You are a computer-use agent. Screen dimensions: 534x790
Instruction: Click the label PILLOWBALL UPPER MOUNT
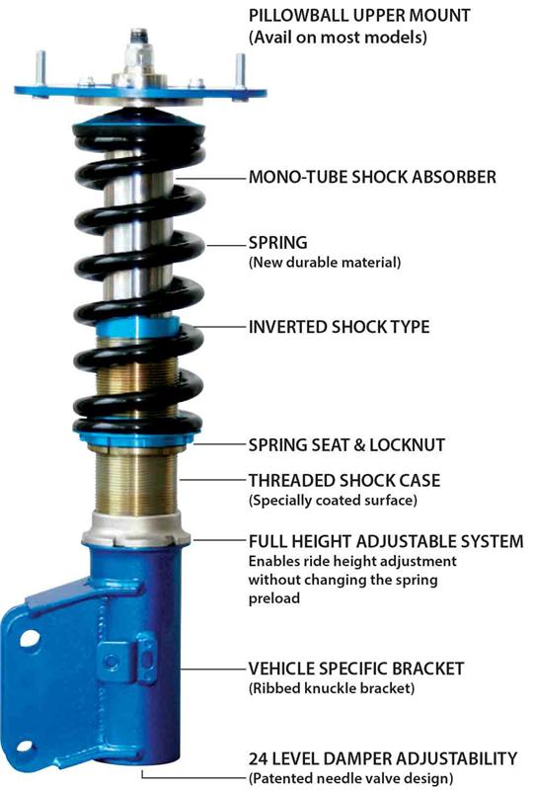[x=359, y=15]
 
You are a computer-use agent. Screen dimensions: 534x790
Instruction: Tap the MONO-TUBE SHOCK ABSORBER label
[x=372, y=177]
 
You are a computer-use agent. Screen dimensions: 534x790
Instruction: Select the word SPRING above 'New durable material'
[x=278, y=242]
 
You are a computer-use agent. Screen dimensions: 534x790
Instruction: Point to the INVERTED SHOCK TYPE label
[x=339, y=327]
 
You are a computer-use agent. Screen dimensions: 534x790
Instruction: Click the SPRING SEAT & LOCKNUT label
[x=346, y=445]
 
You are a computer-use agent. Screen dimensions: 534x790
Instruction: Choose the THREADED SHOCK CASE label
[x=344, y=480]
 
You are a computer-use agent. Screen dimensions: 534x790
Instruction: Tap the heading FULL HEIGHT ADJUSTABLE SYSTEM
[x=386, y=541]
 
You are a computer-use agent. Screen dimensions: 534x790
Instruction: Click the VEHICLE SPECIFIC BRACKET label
[x=355, y=669]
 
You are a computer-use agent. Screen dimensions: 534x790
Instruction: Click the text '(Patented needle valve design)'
[x=350, y=778]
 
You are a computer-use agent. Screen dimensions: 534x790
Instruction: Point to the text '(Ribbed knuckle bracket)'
[x=332, y=688]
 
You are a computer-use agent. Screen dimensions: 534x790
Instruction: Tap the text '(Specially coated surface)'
[x=333, y=501]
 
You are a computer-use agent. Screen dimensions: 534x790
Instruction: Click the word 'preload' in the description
[x=274, y=598]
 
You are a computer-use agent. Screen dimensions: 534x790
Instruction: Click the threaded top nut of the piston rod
[x=139, y=38]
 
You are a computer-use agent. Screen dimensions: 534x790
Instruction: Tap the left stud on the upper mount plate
[x=40, y=69]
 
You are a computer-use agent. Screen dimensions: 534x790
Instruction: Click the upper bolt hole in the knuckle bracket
[x=30, y=638]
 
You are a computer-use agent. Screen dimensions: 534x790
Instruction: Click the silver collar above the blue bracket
[x=136, y=529]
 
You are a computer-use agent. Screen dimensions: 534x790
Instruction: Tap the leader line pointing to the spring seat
[x=219, y=444]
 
